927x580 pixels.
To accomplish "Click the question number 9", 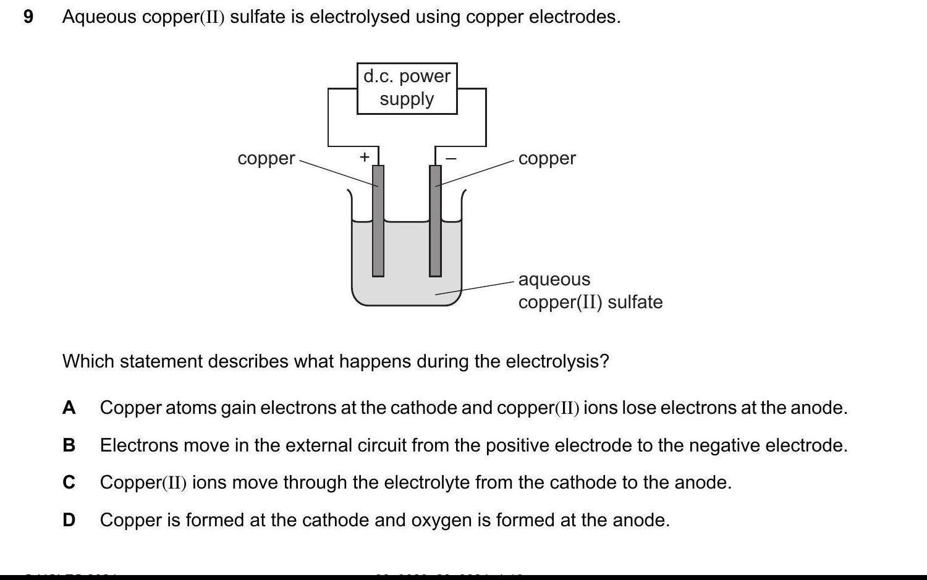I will (28, 17).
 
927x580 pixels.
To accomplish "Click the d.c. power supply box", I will (407, 88).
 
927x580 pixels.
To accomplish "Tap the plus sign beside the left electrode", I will (364, 157).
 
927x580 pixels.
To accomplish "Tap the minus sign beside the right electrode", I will (451, 159).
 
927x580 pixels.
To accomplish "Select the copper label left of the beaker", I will (266, 158).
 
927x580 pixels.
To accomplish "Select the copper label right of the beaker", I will (547, 158).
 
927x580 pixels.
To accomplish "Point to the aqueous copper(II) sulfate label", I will (590, 290).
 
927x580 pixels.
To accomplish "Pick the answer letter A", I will (69, 408).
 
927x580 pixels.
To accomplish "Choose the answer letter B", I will (69, 445).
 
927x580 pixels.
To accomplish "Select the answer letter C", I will (69, 482).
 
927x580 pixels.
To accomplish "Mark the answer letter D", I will (69, 520).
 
